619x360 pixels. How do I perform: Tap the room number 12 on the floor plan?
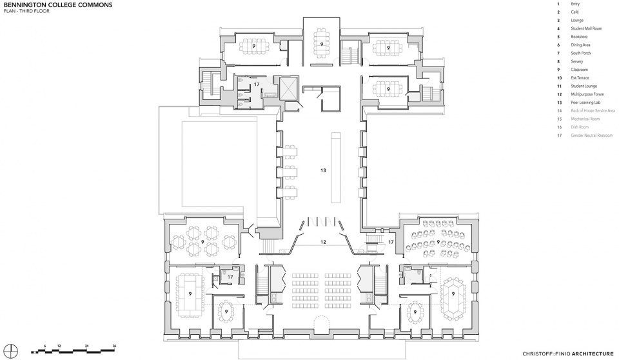[324, 241]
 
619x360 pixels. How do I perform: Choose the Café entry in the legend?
[575, 12]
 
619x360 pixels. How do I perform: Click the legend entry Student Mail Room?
[585, 29]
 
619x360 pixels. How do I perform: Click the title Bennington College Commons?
[57, 5]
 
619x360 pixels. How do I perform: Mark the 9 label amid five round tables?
[202, 241]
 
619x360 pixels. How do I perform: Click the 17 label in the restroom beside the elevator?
[257, 84]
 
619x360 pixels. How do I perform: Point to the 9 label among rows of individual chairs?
[439, 242]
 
